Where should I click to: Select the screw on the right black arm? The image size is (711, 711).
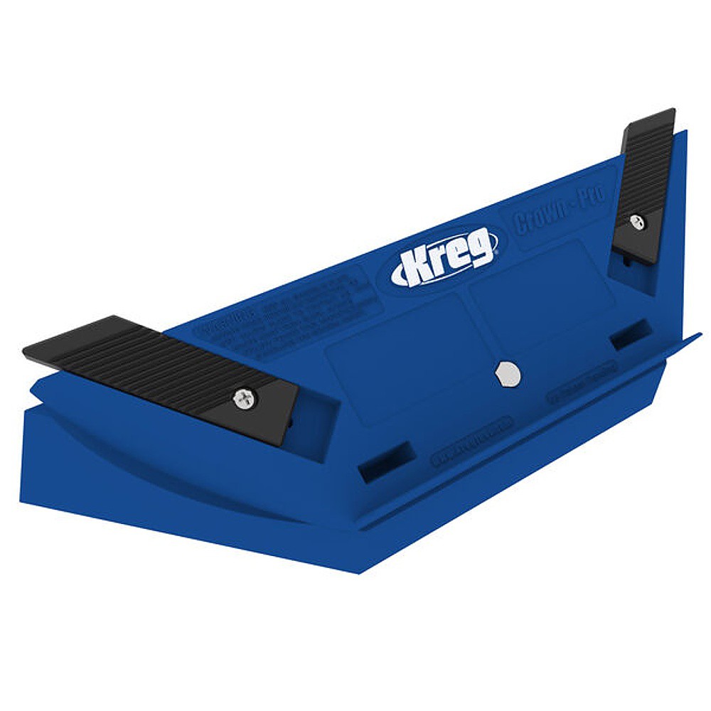click(x=638, y=222)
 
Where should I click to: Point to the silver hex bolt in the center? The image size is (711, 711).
click(x=506, y=372)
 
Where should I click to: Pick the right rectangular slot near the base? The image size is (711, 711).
click(x=631, y=334)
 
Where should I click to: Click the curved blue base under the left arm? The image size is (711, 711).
click(x=178, y=462)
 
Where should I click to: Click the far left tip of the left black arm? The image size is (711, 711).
click(x=26, y=351)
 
